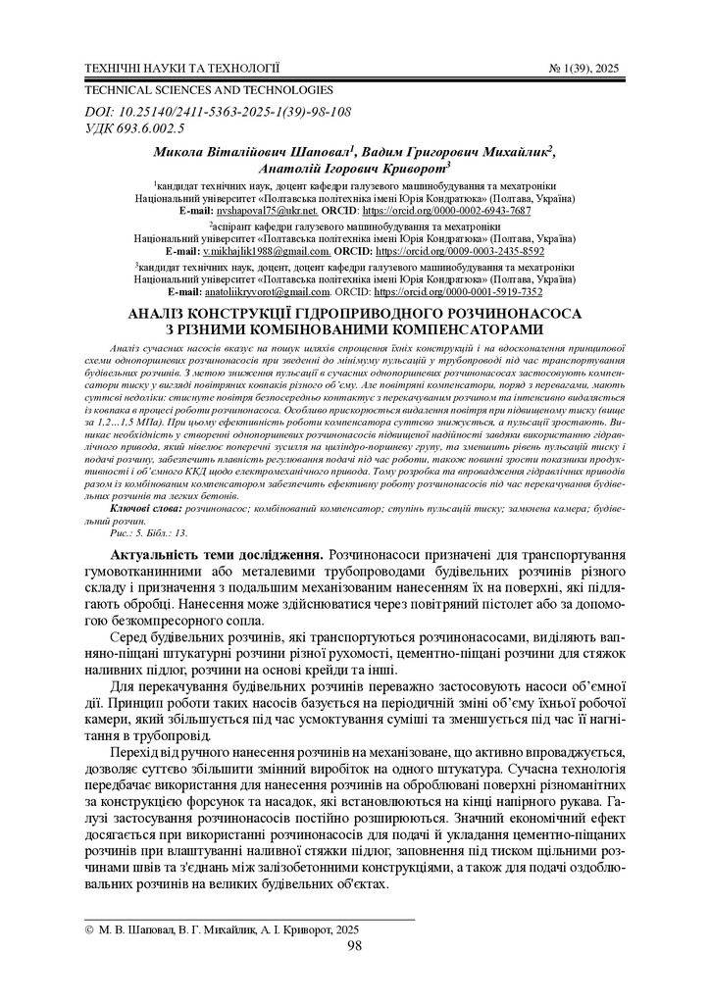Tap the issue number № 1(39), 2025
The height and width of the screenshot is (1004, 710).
pos(584,69)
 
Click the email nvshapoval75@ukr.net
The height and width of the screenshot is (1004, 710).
pos(261,211)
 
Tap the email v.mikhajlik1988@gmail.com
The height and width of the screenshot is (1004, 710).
pos(259,252)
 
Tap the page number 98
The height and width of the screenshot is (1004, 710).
pos(355,946)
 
